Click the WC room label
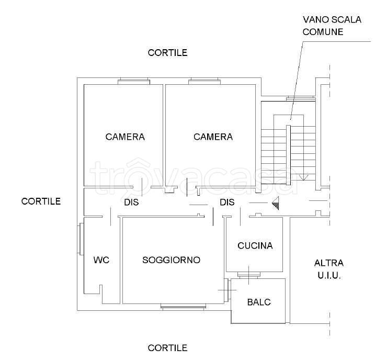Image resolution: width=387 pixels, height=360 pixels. coord(101,260)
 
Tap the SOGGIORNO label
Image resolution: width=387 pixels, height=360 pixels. coord(172,260)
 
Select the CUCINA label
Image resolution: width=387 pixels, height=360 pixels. coord(255,246)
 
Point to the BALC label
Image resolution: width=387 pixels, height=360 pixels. coord(259,302)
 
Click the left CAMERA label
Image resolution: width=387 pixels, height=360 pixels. coord(125,137)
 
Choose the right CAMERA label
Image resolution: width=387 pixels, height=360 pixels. coord(213,137)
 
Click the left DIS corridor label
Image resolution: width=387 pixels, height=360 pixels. coord(131,203)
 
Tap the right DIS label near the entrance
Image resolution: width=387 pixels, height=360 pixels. coord(227,203)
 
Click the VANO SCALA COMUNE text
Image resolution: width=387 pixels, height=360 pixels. coord(332,26)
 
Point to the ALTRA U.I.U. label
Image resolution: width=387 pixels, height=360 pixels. coord(329,269)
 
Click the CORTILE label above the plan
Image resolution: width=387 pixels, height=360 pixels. coord(167,53)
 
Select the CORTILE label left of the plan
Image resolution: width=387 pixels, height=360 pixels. coord(41,201)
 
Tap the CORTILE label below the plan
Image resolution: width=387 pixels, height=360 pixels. coord(167,348)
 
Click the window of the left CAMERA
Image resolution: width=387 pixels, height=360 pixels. coord(134,82)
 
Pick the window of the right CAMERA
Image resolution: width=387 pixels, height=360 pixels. coord(204,82)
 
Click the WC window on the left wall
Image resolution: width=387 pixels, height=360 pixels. coord(81,239)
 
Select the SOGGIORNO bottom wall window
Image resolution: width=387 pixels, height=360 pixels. coord(183,307)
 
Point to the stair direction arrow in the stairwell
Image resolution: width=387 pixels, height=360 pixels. coord(303,177)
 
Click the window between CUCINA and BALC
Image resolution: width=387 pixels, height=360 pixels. coord(249,275)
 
